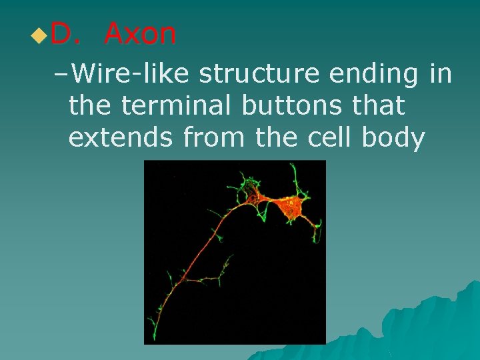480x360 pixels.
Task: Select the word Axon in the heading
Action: click(x=140, y=34)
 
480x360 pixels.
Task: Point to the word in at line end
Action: click(x=441, y=74)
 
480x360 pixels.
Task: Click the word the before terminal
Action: click(x=91, y=105)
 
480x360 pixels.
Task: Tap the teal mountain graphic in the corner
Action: click(x=433, y=327)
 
